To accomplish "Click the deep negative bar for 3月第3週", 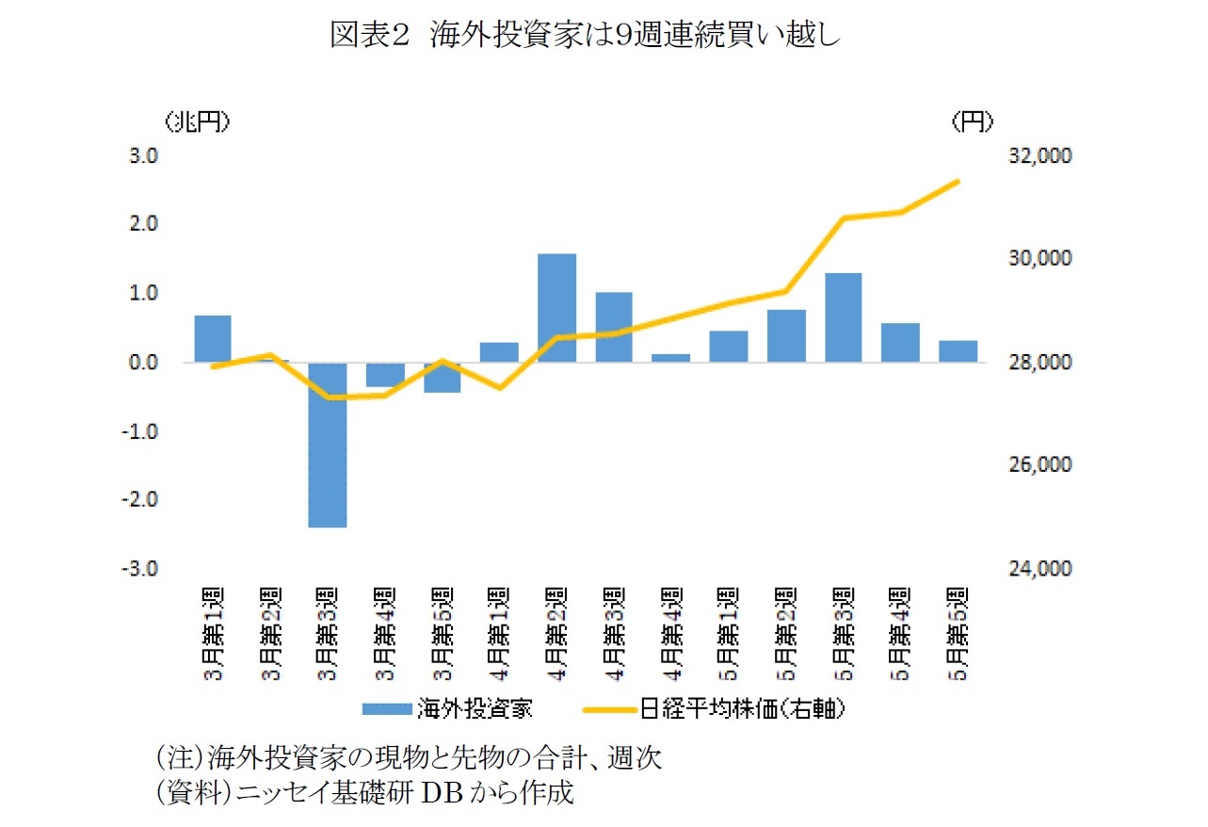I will click(x=328, y=445).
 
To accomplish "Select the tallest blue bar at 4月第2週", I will click(x=556, y=308).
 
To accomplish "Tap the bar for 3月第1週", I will click(x=213, y=339).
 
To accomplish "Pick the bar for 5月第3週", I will click(x=844, y=317).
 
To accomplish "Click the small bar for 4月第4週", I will click(x=671, y=358).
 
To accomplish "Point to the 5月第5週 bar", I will click(x=958, y=351).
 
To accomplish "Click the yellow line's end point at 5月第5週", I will click(x=958, y=182).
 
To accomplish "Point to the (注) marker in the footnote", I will click(x=180, y=756).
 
